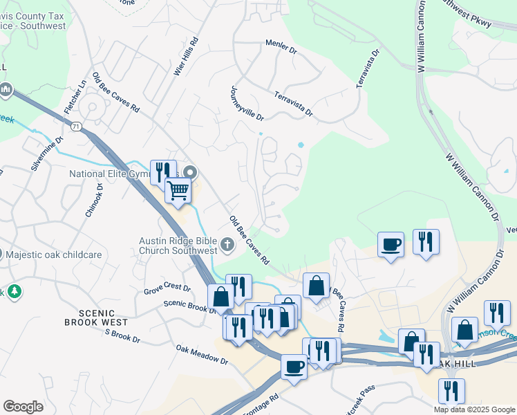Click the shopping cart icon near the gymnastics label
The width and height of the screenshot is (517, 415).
[178, 190]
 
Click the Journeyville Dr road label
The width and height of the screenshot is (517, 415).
[247, 103]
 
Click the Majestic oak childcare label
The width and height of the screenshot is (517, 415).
[54, 255]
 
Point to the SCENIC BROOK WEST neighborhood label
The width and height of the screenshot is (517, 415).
[96, 317]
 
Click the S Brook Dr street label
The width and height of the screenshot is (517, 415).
[122, 337]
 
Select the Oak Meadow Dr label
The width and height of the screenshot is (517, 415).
[201, 355]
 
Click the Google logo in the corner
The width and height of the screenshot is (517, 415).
[23, 407]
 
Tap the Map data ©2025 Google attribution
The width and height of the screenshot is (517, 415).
[473, 409]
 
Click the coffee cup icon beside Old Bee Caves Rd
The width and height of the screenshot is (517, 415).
[391, 244]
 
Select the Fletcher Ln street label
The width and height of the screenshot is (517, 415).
[75, 98]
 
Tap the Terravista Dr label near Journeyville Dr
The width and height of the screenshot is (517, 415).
[293, 104]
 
